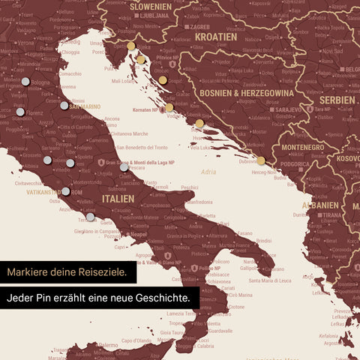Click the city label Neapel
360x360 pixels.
point(138,234)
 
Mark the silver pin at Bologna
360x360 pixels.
point(25,82)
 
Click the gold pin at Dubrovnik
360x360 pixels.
point(260,160)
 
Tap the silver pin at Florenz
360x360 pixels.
point(20,112)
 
